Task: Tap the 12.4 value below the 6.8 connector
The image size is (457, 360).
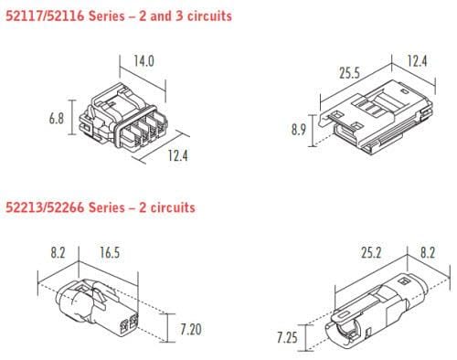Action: coord(177,156)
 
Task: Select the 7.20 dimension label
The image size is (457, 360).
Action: coord(191,326)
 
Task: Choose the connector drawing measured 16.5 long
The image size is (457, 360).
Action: coord(96,309)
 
